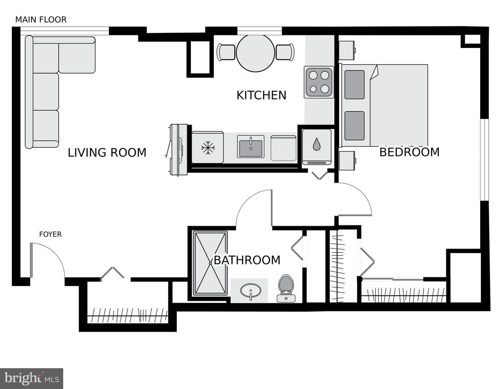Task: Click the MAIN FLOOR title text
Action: point(41,20)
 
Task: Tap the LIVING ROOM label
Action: point(107,153)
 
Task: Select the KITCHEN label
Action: point(261,95)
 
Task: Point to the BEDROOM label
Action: point(409,152)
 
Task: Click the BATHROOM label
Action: point(247,260)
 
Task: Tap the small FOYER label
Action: point(50,234)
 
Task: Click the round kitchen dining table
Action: point(255,53)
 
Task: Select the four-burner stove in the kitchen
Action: point(319,82)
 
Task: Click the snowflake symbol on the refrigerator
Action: point(208,147)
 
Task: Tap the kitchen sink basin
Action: point(251,147)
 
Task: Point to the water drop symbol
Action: point(316,144)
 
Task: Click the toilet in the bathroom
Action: point(286,289)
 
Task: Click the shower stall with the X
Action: point(210,263)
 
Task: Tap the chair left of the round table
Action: point(226,52)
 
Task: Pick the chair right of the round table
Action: point(285,52)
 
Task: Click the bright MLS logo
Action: point(31,378)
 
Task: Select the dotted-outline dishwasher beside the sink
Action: point(283,148)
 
